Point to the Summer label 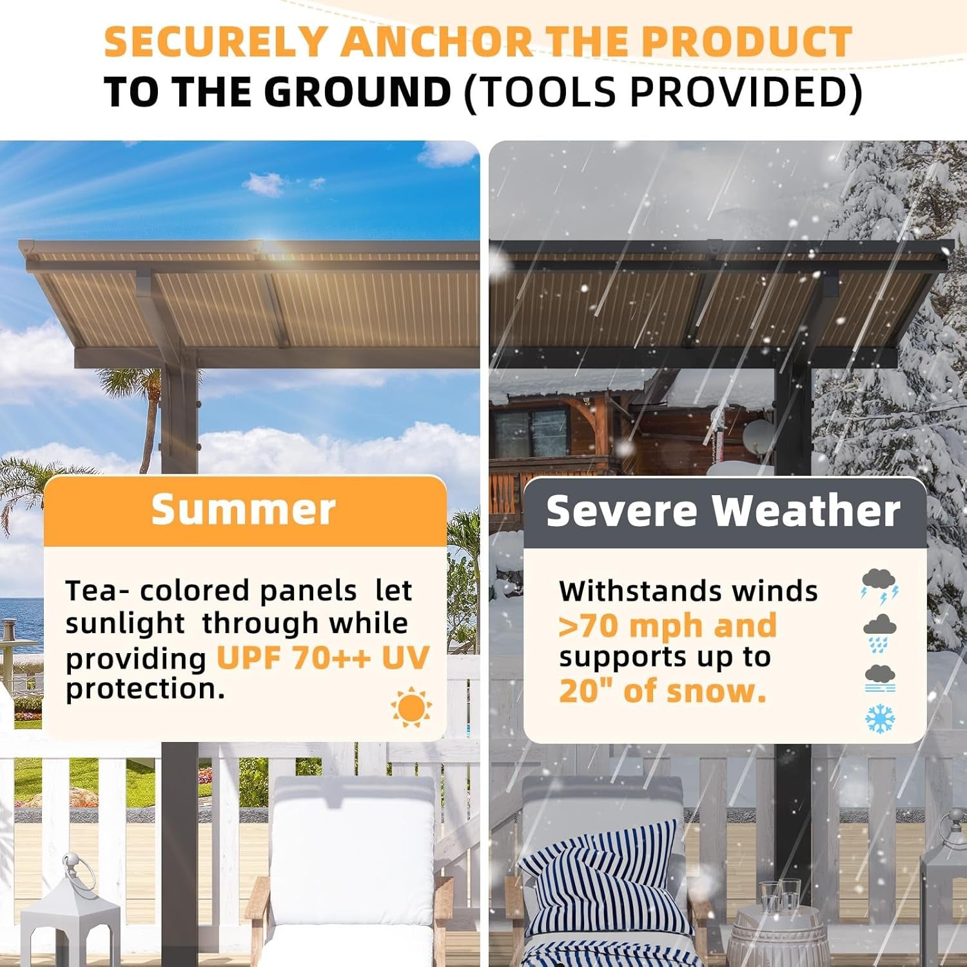(243, 510)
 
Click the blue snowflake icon (880, 718)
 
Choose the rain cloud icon (880, 632)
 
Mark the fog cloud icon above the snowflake (880, 678)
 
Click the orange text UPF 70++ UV (322, 658)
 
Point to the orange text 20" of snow (662, 691)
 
